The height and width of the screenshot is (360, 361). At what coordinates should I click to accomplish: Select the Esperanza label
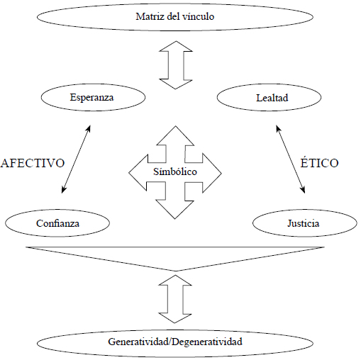91,98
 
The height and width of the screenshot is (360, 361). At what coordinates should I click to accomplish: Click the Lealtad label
272,98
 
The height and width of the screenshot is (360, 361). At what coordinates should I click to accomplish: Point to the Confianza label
57,223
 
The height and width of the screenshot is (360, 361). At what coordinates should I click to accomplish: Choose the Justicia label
304,223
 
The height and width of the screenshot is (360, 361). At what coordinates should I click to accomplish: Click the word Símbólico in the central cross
175,171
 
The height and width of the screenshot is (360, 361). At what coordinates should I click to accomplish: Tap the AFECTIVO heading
33,163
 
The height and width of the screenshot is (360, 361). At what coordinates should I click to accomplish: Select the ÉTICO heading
319,163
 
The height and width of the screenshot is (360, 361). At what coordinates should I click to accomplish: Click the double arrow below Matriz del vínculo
176,65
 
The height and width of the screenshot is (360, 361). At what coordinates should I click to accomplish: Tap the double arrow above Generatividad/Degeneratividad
175,299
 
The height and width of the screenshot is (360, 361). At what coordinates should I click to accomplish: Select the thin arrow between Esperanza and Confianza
76,159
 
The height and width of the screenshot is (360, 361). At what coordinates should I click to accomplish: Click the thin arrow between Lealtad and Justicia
290,159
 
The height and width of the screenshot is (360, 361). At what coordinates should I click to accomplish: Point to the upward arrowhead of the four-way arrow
175,135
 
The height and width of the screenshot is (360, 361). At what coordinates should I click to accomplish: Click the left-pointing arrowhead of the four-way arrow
138,173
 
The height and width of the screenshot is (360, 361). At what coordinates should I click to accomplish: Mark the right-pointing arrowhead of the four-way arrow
212,173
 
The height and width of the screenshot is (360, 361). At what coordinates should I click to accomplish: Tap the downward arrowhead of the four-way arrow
175,210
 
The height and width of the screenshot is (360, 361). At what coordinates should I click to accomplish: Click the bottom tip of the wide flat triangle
176,271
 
